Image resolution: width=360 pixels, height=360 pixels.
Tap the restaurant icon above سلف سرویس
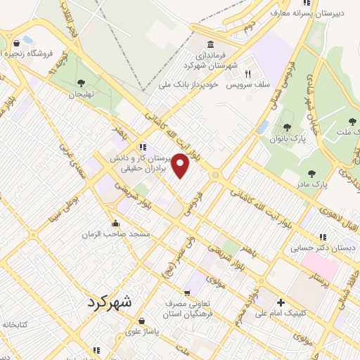pyautogui.click(x=247, y=73)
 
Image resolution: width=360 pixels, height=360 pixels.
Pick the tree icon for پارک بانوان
pyautogui.click(x=287, y=127)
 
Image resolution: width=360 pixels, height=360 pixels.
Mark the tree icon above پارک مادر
pyautogui.click(x=311, y=173)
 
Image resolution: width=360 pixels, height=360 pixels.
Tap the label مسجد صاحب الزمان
pyautogui.click(x=106, y=232)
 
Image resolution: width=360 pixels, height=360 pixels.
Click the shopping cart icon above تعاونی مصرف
pyautogui.click(x=188, y=294)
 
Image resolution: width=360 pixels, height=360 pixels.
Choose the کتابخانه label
pyautogui.click(x=15, y=325)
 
